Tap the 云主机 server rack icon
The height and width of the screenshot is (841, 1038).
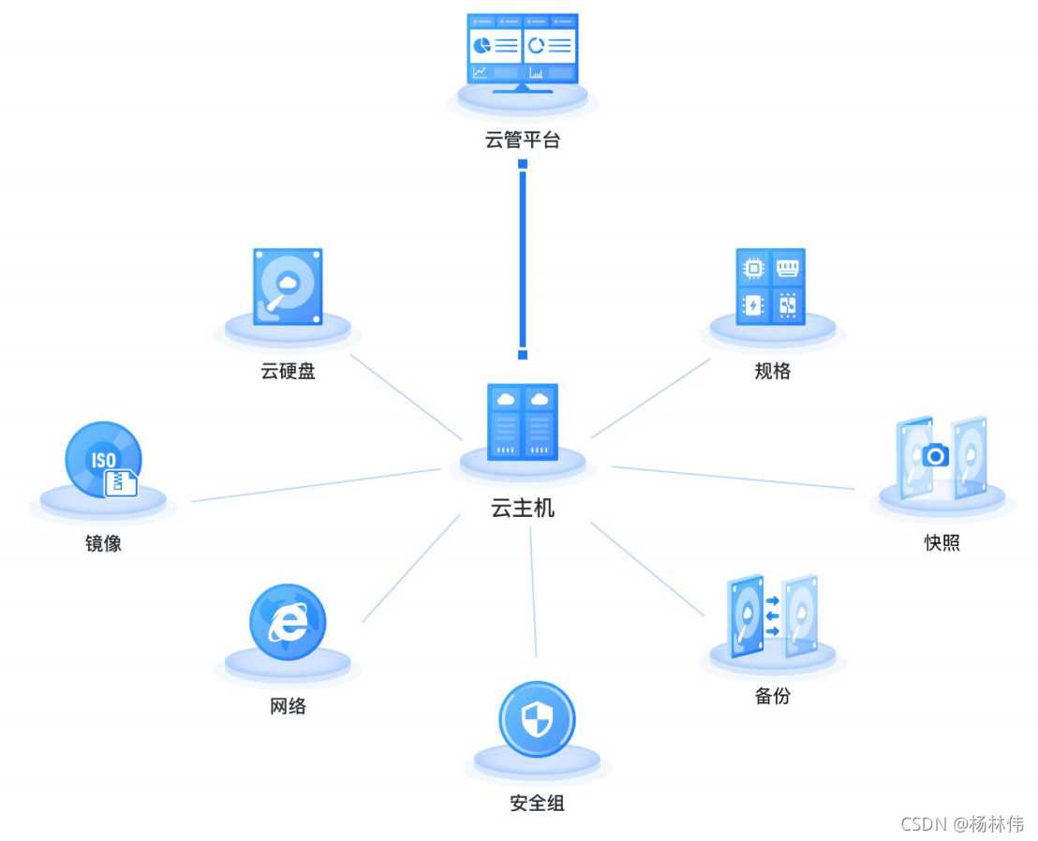pyautogui.click(x=523, y=421)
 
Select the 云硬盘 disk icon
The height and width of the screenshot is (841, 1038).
pyautogui.click(x=288, y=286)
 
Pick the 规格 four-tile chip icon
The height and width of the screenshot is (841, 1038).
pyautogui.click(x=771, y=286)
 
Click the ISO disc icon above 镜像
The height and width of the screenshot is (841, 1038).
pyautogui.click(x=103, y=460)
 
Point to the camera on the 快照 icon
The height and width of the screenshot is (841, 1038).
pyautogui.click(x=935, y=456)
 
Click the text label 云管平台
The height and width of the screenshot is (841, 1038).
pyautogui.click(x=523, y=141)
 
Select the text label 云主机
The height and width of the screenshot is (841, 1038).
pyautogui.click(x=523, y=509)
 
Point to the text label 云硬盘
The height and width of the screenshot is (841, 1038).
pyautogui.click(x=288, y=372)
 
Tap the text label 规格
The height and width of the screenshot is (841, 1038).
pyautogui.click(x=773, y=372)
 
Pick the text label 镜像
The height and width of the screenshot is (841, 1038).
pyautogui.click(x=103, y=543)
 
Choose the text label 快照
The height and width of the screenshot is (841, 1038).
pyautogui.click(x=942, y=543)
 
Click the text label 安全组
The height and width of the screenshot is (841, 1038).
pyautogui.click(x=537, y=804)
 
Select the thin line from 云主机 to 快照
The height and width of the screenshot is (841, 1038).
pyautogui.click(x=733, y=478)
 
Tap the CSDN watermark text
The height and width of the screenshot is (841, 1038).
pyautogui.click(x=962, y=824)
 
